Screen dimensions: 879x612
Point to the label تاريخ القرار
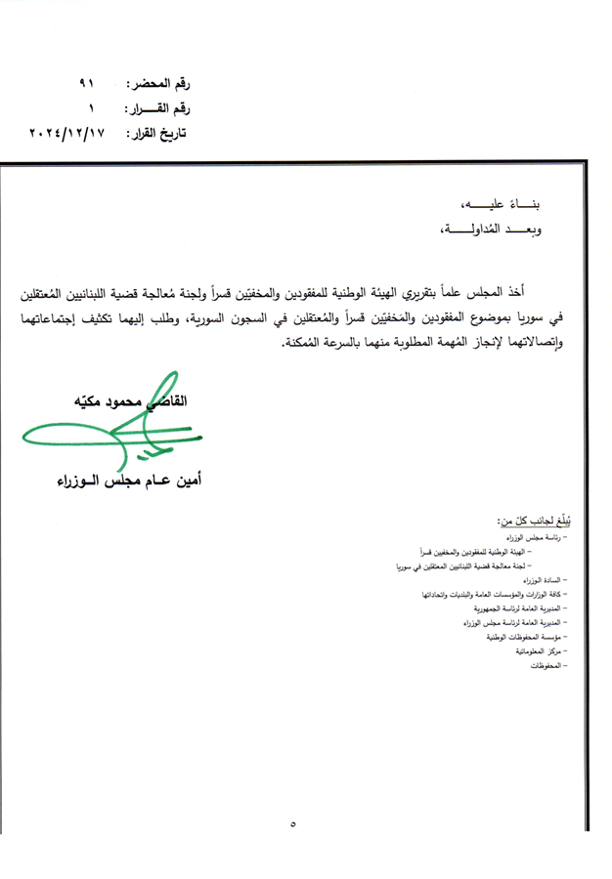[155, 132]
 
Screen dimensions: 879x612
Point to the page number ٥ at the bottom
[292, 825]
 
